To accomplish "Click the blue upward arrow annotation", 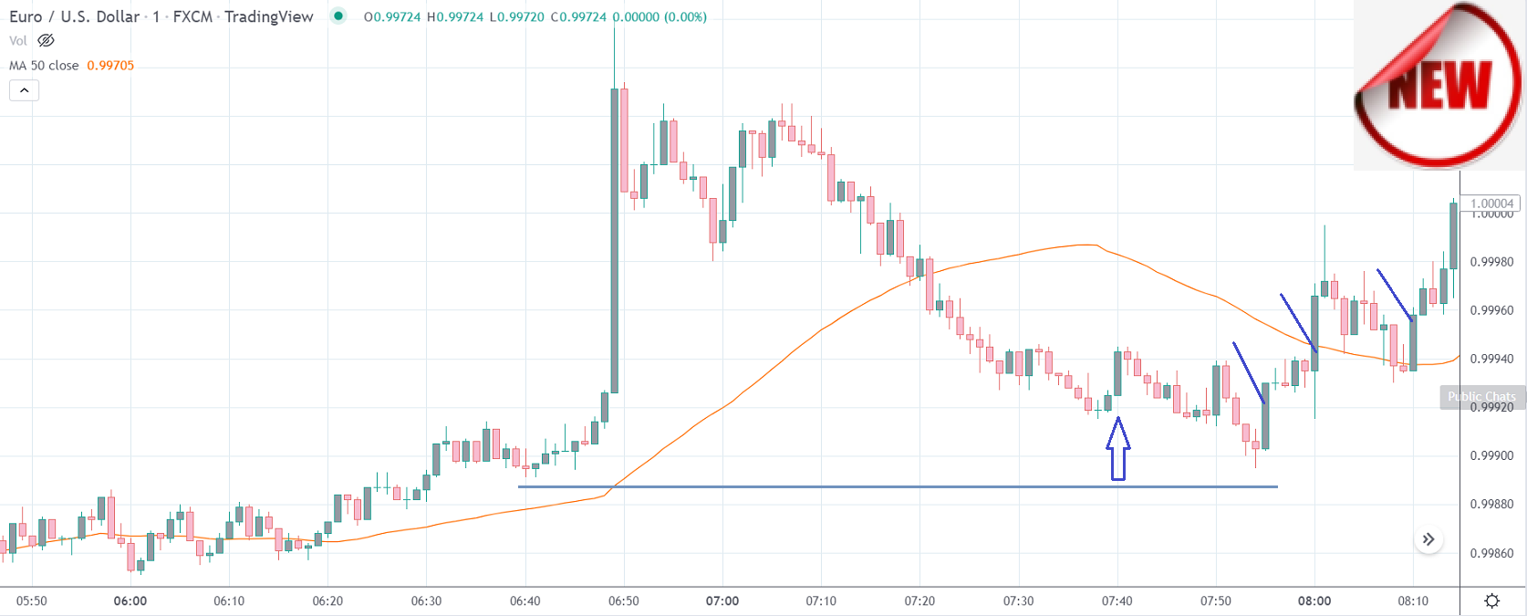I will tap(1118, 448).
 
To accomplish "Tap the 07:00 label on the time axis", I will tap(722, 600).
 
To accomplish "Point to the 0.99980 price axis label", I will tap(1492, 262).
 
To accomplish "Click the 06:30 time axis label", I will tap(426, 600).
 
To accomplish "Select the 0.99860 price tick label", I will tap(1492, 553).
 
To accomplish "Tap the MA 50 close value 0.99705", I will tap(110, 66).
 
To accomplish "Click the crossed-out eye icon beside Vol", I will tap(46, 40).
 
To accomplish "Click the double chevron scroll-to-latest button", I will tap(1428, 539).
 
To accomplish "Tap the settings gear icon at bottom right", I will tap(1492, 600).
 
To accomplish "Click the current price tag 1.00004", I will tap(1492, 204).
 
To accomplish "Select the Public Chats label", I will tap(1481, 396).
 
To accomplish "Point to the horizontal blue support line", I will tap(898, 486).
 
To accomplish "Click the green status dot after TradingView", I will tap(339, 16).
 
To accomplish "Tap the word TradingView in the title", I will tap(269, 16).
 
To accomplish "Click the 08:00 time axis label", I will tap(1314, 600).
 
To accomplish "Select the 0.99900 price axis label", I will tap(1492, 455).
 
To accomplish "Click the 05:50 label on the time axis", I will tap(32, 600).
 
